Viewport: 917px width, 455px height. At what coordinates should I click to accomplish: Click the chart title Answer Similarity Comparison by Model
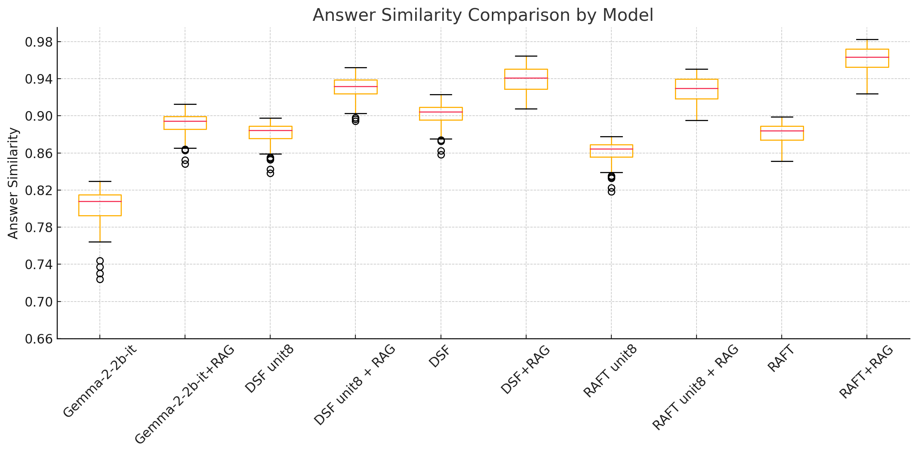[483, 15]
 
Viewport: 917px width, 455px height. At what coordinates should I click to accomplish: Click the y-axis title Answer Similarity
[13, 183]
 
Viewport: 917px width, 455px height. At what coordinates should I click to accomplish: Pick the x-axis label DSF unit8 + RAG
[355, 384]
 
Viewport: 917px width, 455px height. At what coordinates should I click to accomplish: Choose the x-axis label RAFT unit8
[610, 371]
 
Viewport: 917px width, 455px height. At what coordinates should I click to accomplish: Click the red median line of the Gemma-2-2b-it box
[100, 201]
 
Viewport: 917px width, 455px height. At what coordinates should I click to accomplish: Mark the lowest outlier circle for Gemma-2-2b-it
[100, 279]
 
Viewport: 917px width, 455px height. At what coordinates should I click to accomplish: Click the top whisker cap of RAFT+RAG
[867, 39]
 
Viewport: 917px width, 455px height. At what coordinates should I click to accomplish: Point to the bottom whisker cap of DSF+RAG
[526, 109]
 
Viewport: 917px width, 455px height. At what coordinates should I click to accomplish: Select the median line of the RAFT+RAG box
[867, 57]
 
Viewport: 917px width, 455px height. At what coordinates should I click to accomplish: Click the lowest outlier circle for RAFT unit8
[611, 192]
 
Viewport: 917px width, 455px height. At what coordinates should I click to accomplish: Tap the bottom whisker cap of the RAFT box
[782, 161]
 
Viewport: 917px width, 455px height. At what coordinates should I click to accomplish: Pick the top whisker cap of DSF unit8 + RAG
[355, 67]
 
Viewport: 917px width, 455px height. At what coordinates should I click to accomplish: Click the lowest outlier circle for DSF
[441, 155]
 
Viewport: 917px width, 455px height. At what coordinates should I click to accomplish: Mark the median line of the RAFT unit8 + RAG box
[697, 88]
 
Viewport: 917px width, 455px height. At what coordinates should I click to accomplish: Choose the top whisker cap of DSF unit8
[270, 118]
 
